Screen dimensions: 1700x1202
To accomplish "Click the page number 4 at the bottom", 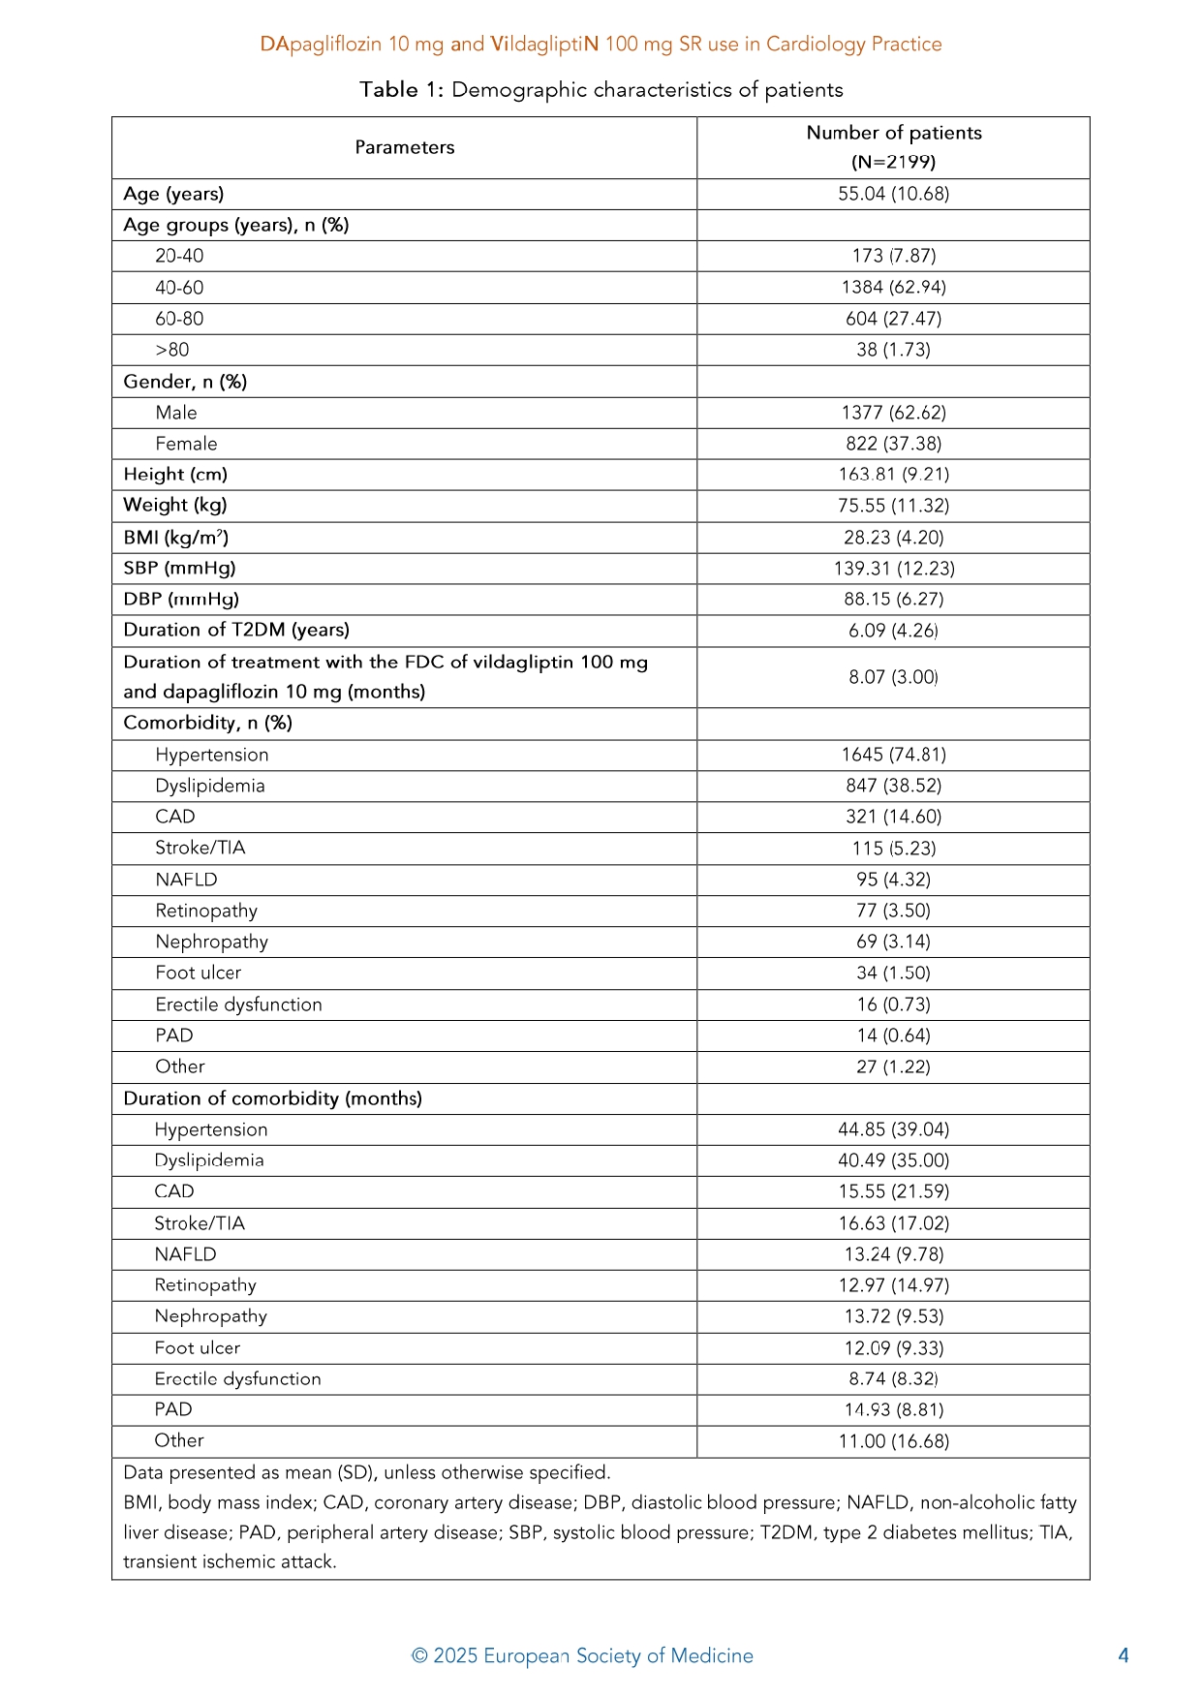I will [1123, 1655].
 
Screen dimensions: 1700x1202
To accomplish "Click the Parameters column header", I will [404, 147].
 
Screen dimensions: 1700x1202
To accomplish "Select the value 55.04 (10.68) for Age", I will [893, 194].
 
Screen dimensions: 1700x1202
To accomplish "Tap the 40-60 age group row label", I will [179, 288].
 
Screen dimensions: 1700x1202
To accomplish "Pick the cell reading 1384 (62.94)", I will [893, 288].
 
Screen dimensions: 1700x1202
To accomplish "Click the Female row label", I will [186, 444].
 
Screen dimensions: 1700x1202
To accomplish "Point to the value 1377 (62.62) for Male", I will [893, 413].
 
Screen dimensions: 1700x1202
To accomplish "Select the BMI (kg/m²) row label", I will [175, 538].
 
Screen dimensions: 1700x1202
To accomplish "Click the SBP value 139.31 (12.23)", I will [893, 569].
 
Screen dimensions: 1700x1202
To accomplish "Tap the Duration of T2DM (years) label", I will [235, 630].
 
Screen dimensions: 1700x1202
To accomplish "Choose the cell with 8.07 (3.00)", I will [893, 677].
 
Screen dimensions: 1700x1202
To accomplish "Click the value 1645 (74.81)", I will [893, 755].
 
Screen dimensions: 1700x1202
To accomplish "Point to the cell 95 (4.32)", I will [893, 880].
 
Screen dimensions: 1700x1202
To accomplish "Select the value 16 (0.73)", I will [893, 1005].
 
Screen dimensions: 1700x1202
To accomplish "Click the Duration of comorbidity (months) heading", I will [272, 1098].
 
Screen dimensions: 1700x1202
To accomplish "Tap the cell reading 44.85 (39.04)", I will [893, 1129].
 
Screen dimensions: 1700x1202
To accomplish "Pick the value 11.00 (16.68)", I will [893, 1441].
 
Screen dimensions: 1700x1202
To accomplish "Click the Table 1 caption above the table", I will [601, 90].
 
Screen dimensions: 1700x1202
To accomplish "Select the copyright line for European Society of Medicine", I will [582, 1655].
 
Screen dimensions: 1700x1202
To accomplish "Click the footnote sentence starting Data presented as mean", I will [366, 1472].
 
